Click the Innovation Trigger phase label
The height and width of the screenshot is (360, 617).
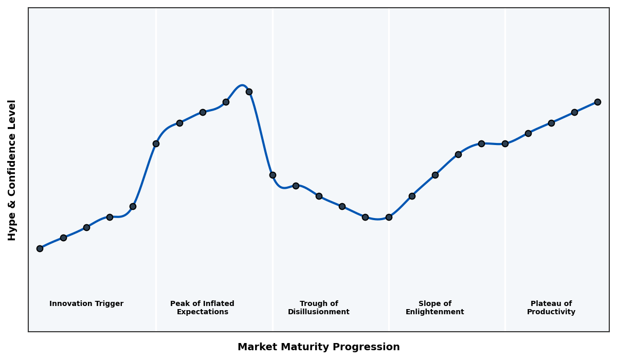[86, 304]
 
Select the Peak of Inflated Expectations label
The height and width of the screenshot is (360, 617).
[202, 308]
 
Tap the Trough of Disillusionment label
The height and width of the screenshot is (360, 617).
[319, 308]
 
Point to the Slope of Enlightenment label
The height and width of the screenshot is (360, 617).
[434, 308]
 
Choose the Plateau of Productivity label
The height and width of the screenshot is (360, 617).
[551, 308]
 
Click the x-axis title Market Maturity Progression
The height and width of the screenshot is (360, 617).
[318, 347]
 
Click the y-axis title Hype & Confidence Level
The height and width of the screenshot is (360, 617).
[12, 170]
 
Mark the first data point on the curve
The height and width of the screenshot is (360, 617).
[40, 248]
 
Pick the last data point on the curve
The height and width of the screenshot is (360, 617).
[597, 102]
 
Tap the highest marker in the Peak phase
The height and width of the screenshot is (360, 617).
[249, 92]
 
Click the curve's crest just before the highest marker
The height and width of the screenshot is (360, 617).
[242, 85]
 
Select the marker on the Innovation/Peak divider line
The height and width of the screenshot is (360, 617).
[156, 143]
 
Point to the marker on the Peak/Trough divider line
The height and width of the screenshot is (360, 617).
[273, 175]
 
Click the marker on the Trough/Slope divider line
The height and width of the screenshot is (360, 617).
[389, 217]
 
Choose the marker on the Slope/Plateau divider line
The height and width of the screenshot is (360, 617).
[505, 143]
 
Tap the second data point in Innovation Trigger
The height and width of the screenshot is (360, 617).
[63, 238]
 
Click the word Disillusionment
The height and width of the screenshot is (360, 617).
[319, 312]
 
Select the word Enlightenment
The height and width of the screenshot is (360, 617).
[434, 312]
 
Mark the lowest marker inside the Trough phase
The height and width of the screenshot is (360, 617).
[365, 217]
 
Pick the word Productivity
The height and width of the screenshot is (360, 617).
[551, 312]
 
